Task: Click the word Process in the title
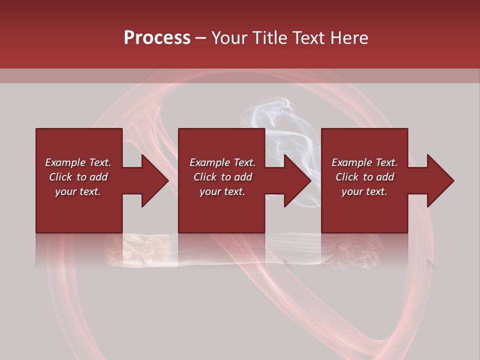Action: (x=157, y=37)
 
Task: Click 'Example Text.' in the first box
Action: (x=78, y=162)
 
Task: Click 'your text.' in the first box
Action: (x=78, y=191)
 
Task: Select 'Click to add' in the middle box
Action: (x=222, y=177)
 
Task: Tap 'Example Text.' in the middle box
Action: (x=222, y=162)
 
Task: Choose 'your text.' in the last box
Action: (x=364, y=191)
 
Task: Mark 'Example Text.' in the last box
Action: (x=364, y=162)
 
